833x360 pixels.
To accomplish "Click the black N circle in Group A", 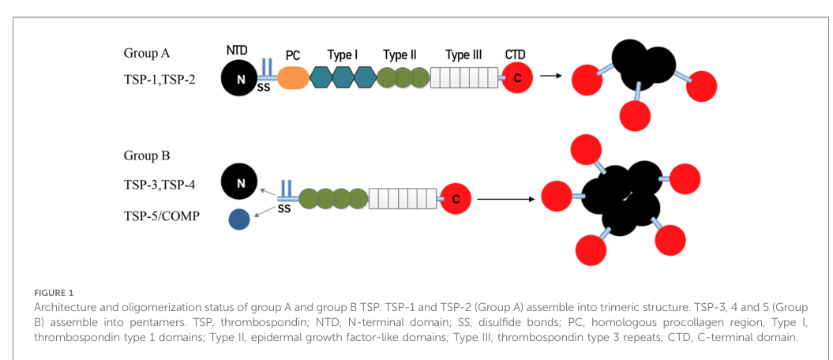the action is pos(241,79).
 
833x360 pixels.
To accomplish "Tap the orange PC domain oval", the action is pos(293,77).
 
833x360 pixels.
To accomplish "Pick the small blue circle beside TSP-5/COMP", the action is pos(239,219).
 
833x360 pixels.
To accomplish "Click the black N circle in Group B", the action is pos(240,184).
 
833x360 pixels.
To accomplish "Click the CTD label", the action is pos(516,54).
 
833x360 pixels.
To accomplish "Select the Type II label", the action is pos(400,55).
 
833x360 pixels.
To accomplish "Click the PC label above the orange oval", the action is pos(293,55).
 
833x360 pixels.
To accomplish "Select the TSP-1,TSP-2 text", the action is pos(156,82).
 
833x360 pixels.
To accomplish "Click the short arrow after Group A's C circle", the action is pos(550,76).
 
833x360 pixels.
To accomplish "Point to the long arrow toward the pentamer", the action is pos(506,200).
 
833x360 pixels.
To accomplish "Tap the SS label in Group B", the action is pos(284,209).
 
